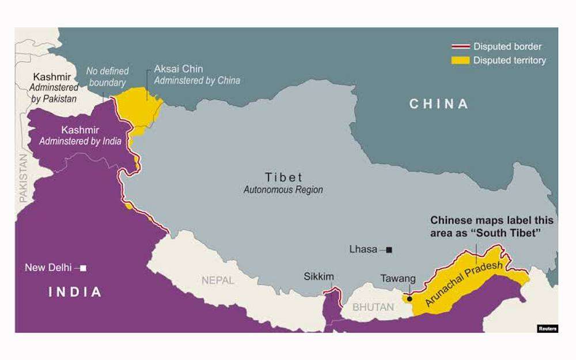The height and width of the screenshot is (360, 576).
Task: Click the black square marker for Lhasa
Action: pos(389,249)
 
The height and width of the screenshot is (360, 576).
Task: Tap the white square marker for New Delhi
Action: pos(84,268)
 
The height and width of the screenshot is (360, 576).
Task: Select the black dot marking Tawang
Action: pos(410,298)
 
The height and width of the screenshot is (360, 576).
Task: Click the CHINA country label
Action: pos(439,104)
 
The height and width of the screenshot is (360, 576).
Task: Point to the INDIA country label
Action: pos(75,292)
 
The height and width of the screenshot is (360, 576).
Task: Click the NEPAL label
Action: pos(218,281)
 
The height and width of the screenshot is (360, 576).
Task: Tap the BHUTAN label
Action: pos(373,307)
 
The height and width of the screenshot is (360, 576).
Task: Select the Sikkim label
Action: pos(319,276)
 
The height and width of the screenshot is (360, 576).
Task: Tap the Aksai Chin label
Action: pos(179,69)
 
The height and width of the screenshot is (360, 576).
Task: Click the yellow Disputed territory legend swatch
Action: pos(460,60)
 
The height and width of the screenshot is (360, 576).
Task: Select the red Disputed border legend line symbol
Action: pos(460,47)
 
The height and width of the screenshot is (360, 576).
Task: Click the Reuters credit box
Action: pos(547,328)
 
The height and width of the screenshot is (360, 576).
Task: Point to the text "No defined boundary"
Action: pos(108,77)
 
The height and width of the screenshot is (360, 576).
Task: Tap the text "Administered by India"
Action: pos(80,141)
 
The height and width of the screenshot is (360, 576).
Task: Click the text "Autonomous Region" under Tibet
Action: pos(283,190)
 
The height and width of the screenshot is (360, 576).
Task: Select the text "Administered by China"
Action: pos(197,81)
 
